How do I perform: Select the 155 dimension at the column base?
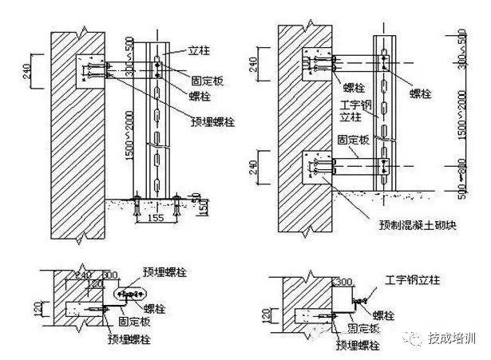click(156, 216)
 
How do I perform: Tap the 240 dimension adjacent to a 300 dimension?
click(82, 274)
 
